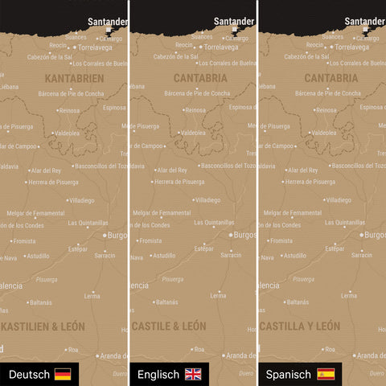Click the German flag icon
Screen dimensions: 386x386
(x=63, y=374)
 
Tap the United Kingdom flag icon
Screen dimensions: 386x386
(x=194, y=374)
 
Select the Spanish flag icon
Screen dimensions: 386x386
(x=326, y=374)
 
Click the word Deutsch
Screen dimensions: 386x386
(x=29, y=374)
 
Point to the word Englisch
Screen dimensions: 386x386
(x=158, y=374)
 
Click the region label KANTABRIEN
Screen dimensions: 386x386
(x=75, y=79)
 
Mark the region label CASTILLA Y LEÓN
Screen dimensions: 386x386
(x=300, y=326)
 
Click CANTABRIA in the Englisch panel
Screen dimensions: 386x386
(x=199, y=79)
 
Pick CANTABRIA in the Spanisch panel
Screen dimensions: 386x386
(x=331, y=79)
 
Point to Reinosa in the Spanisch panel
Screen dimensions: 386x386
(x=326, y=110)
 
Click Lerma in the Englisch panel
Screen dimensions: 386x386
(x=217, y=295)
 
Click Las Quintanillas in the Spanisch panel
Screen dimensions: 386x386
(x=355, y=222)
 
